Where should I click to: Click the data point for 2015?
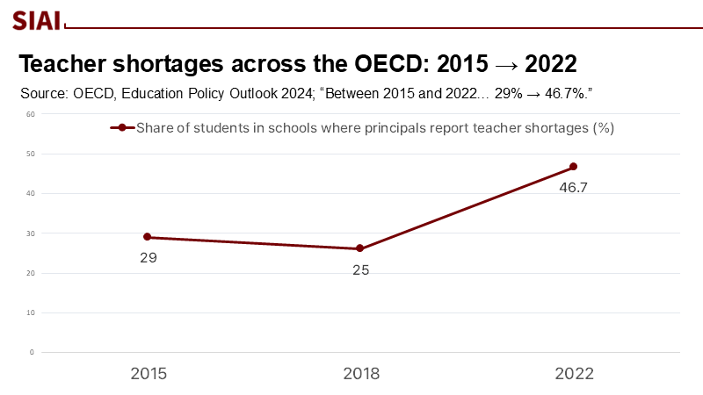tap(148, 237)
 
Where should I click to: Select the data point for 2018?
tap(360, 248)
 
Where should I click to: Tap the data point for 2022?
tap(573, 167)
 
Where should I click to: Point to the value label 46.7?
tap(574, 188)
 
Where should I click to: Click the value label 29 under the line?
tap(148, 258)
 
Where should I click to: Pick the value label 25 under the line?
tap(360, 270)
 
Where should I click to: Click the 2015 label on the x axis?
tap(149, 374)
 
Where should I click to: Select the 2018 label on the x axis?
tap(361, 374)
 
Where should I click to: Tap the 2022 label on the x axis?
tap(574, 374)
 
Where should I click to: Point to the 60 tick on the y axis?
tap(30, 114)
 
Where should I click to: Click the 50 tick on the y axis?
tap(30, 154)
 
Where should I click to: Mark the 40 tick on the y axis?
tap(30, 193)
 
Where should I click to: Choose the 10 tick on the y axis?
tap(30, 312)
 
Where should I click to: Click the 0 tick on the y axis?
tap(32, 352)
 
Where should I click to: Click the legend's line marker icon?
tap(122, 128)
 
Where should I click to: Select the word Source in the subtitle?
tap(43, 93)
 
